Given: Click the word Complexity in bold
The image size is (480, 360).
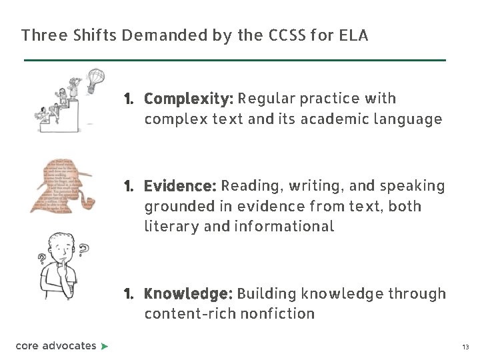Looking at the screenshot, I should (188, 99).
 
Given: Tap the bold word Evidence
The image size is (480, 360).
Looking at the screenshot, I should (180, 186).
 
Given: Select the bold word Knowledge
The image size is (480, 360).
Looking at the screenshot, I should (188, 294).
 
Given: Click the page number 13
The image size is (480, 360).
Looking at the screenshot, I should (465, 347).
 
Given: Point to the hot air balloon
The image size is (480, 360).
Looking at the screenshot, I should (96, 79).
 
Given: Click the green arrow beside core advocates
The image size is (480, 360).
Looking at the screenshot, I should (104, 346).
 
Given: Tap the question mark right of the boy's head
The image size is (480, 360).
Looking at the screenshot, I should (84, 250).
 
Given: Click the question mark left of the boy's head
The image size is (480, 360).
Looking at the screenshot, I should (42, 258).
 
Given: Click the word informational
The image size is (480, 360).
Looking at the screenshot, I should (284, 227).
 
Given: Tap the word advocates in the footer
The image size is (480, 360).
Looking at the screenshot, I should (69, 346).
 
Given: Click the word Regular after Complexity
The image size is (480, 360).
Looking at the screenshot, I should (267, 99).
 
